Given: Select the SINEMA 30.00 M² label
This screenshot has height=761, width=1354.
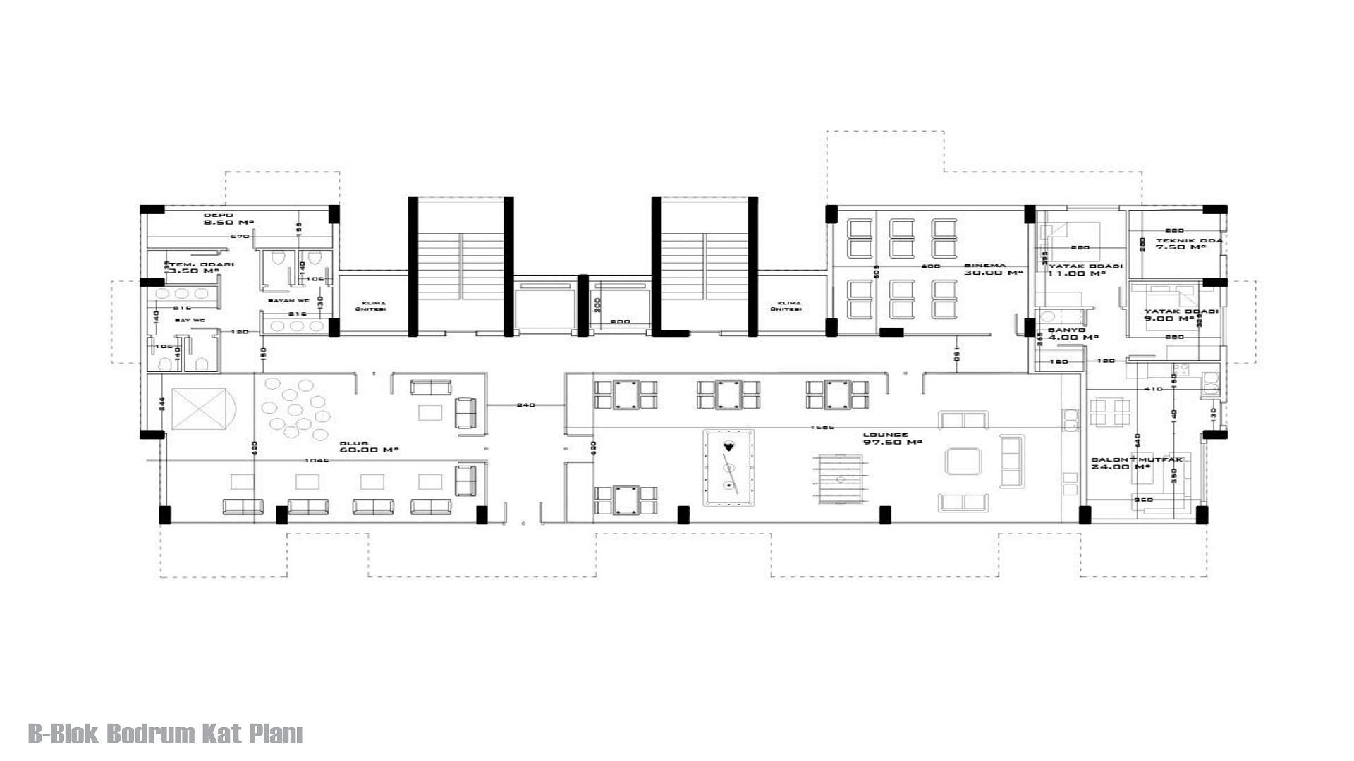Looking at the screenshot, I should (993, 269).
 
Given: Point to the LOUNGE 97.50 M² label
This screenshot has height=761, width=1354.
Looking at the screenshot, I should (892, 438).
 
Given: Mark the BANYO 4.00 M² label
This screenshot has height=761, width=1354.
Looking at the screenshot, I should (1073, 333).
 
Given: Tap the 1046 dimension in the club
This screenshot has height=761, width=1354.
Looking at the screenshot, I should (317, 460).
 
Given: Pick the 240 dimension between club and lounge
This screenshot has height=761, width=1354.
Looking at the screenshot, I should (525, 405).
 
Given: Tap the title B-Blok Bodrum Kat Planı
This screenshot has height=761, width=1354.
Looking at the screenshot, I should (166, 734).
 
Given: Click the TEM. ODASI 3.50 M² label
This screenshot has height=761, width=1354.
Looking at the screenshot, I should (201, 268).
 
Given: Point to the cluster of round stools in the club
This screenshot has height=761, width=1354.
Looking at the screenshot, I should (294, 409).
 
